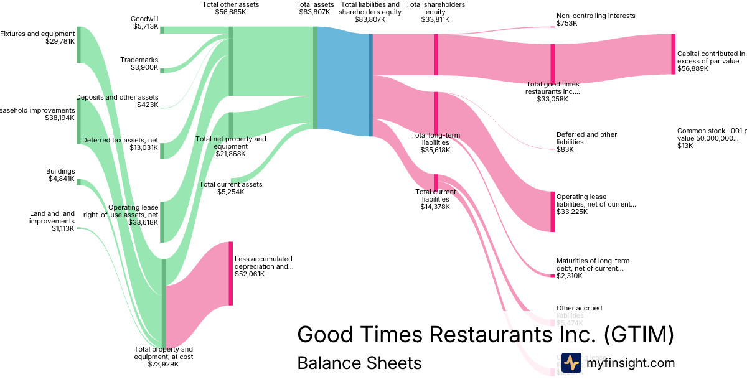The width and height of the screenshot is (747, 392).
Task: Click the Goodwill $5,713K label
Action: [145, 23]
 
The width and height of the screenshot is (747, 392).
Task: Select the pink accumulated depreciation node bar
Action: [230, 274]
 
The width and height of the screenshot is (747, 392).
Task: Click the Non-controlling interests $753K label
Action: [587, 19]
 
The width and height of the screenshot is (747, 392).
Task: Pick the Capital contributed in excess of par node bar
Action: [673, 54]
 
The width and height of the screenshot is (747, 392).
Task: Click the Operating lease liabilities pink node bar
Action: [552, 212]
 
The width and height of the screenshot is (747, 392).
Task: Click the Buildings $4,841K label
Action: [60, 175]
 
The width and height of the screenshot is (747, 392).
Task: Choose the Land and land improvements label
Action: [52, 221]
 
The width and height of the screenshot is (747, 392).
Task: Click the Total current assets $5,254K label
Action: [230, 188]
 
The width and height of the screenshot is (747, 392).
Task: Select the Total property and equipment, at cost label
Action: [164, 357]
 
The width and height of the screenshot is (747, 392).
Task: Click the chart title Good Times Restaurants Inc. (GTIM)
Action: [486, 334]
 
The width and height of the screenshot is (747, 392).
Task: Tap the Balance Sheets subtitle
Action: [359, 363]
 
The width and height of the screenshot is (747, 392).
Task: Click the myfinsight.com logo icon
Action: [571, 362]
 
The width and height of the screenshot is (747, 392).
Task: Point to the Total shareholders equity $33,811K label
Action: [435, 12]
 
